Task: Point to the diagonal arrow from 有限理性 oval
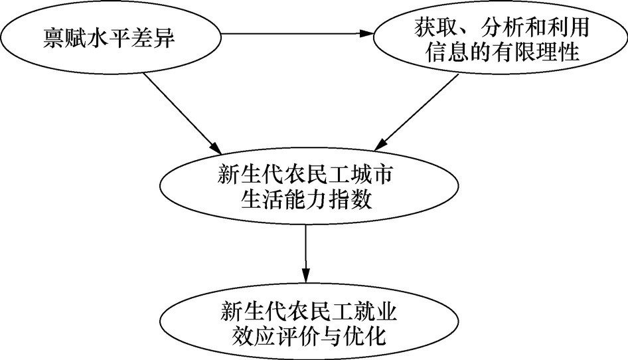pyautogui.click(x=416, y=113)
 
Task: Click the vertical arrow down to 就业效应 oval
pyautogui.click(x=306, y=254)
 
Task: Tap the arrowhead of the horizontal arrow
pyautogui.click(x=366, y=34)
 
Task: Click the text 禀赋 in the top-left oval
pyautogui.click(x=54, y=39)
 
